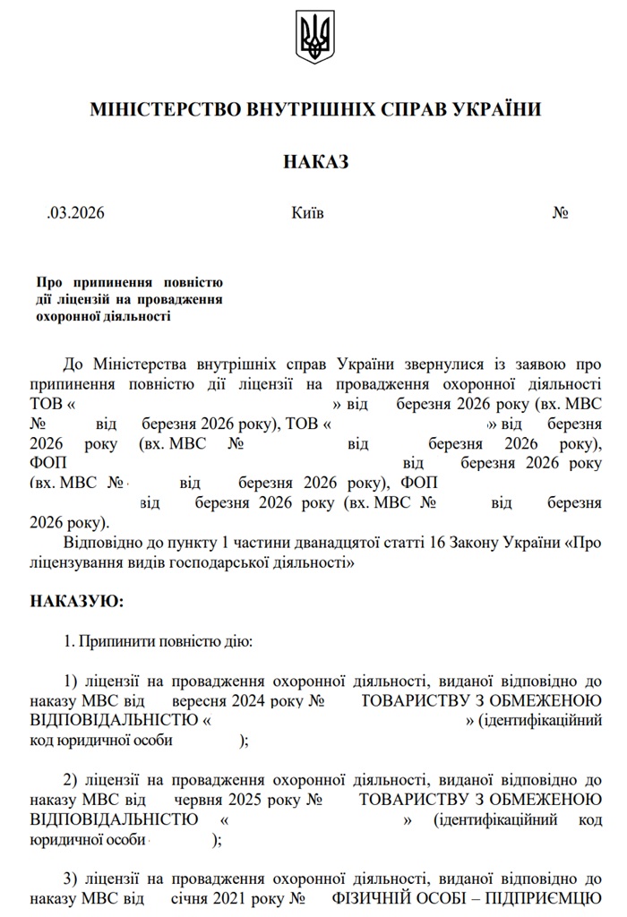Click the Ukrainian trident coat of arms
click(x=314, y=37)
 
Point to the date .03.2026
click(x=76, y=214)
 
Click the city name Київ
click(x=308, y=214)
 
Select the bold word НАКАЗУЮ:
click(x=77, y=601)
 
